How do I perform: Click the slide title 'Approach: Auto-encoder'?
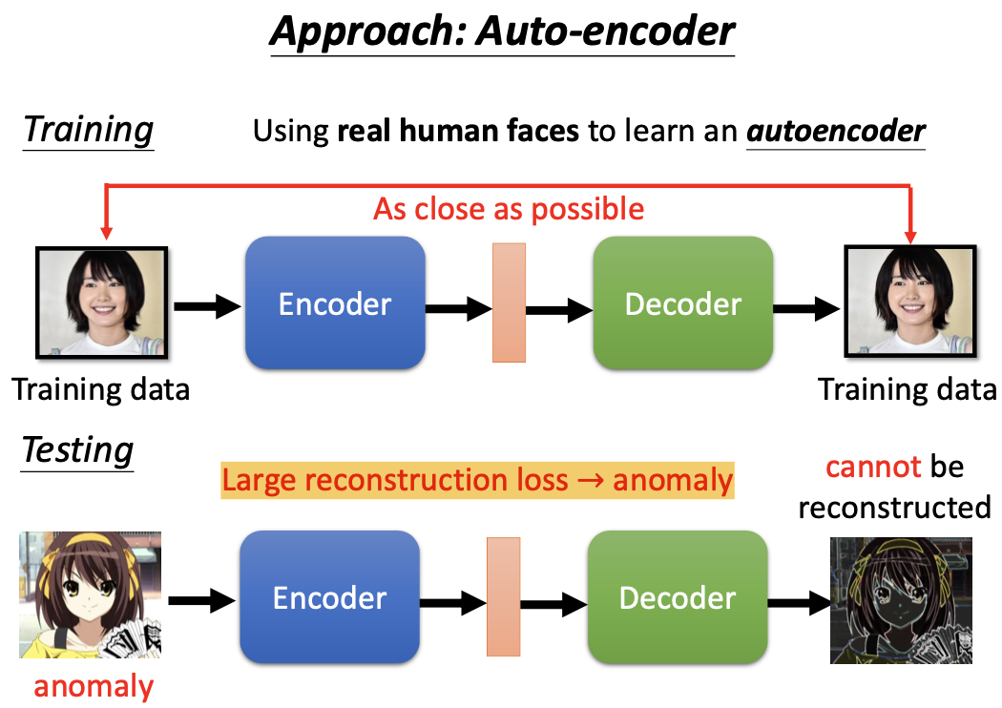(502, 31)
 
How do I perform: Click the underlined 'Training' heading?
(88, 129)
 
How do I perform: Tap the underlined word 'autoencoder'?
(835, 131)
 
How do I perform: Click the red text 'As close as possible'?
(509, 208)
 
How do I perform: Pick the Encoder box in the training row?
(335, 303)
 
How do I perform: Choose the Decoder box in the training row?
(682, 303)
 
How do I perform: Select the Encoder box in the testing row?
(329, 598)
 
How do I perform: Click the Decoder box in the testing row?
(678, 598)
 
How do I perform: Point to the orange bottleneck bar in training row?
(509, 303)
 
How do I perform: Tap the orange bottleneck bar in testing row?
(503, 597)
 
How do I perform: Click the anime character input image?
(91, 595)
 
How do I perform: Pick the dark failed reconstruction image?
(901, 600)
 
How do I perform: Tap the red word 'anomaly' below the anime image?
(94, 686)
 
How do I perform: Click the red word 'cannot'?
(873, 467)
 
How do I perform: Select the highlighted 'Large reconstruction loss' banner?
(477, 480)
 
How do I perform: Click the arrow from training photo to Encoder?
(207, 306)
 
